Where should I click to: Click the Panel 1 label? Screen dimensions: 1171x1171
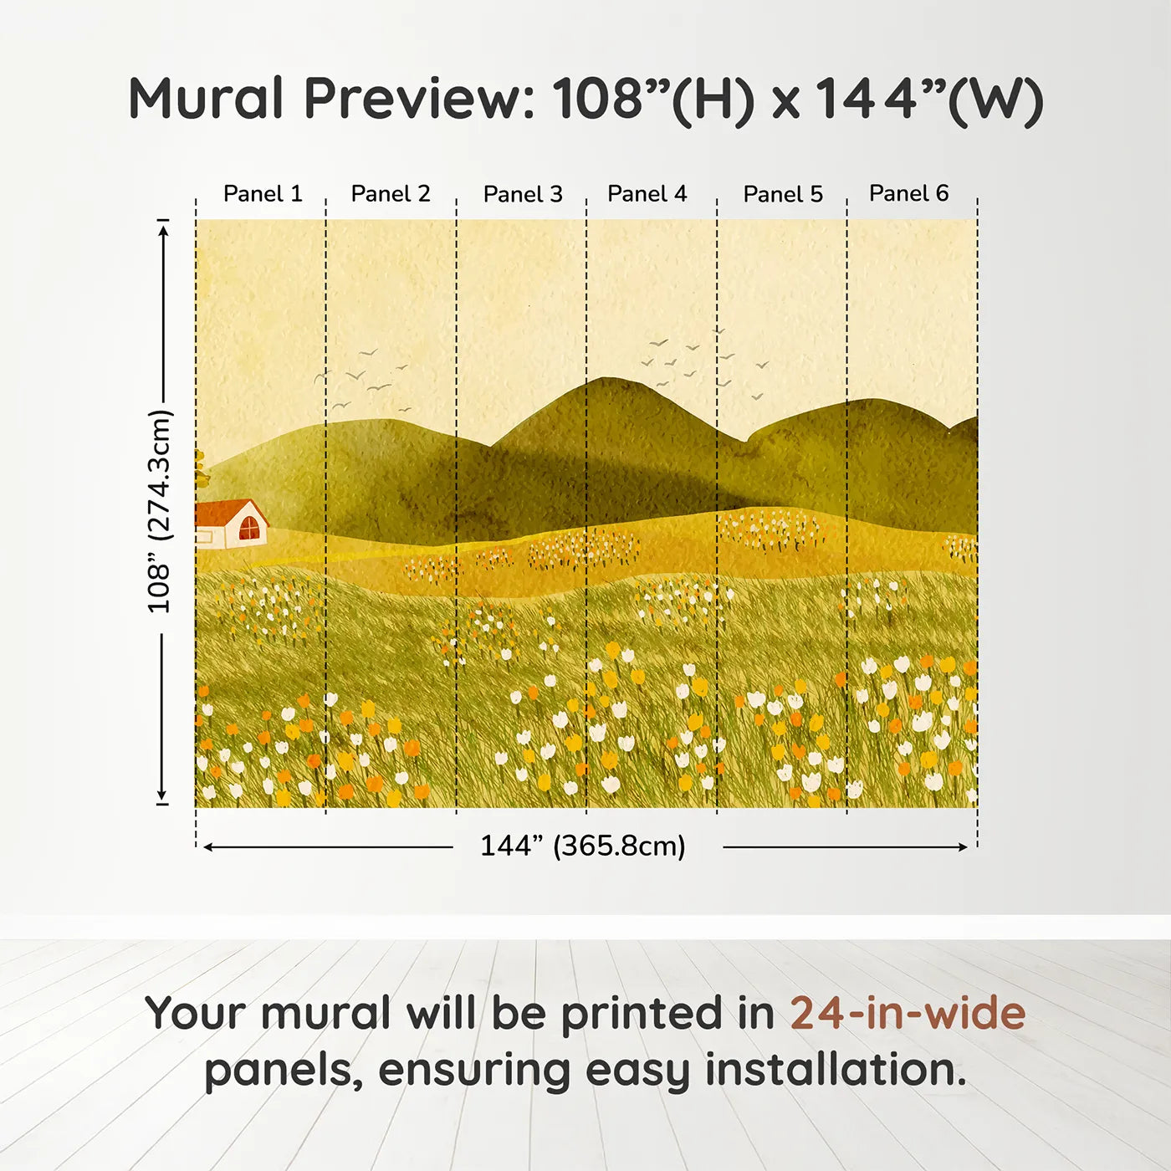coord(263,194)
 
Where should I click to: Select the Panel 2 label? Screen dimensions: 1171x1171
coord(391,194)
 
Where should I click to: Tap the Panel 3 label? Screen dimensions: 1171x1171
coord(523,195)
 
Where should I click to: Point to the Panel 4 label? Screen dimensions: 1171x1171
coord(647,194)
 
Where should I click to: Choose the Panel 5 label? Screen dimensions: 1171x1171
coord(783,195)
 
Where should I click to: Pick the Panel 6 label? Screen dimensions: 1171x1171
coord(909,193)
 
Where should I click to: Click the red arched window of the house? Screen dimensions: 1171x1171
coord(249,529)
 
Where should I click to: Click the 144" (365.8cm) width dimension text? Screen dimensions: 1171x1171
coord(583,846)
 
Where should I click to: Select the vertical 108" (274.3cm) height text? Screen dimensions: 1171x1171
coord(159,511)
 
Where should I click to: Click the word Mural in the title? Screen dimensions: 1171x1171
coord(206,99)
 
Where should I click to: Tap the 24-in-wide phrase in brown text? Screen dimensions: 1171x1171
coord(908,1014)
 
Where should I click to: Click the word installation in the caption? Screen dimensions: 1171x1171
coord(836,1071)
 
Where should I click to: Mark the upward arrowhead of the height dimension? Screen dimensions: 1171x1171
coord(163,228)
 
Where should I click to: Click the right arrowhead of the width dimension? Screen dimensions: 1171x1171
coord(963,847)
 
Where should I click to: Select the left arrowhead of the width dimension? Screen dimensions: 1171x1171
coord(208,847)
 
